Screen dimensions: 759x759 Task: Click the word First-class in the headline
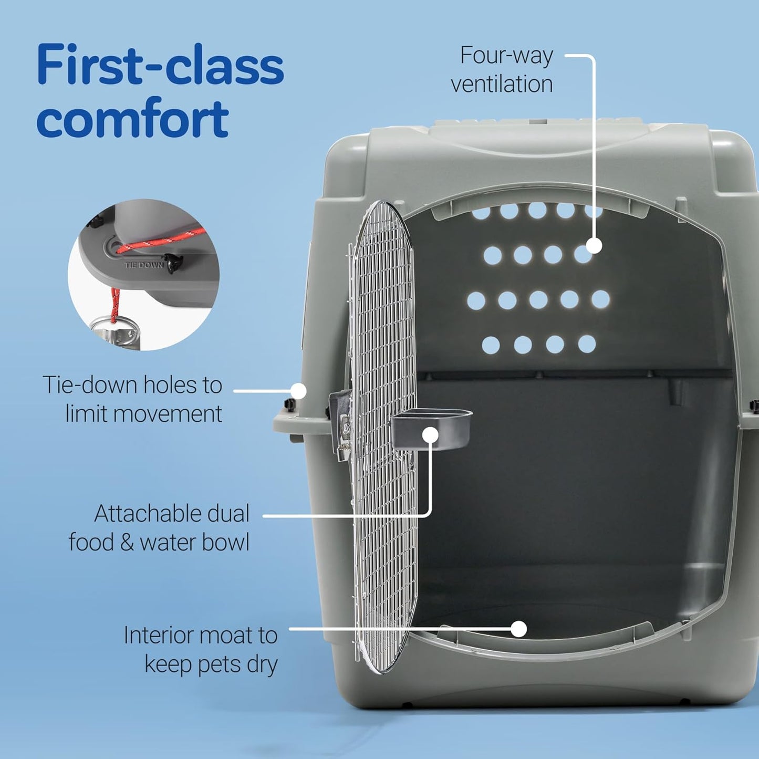[160, 65]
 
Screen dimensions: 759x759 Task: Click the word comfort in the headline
[132, 118]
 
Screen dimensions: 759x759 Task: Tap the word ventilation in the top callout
[502, 84]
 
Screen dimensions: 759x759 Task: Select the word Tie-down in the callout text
[90, 385]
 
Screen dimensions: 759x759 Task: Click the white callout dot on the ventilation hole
[594, 246]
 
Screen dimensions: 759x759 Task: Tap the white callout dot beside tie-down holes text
[298, 391]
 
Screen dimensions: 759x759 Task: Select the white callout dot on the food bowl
[430, 435]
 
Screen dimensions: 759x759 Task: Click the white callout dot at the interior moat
[519, 629]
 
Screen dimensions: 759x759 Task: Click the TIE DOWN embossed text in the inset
[143, 265]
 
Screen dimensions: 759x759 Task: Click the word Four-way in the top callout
[506, 55]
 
